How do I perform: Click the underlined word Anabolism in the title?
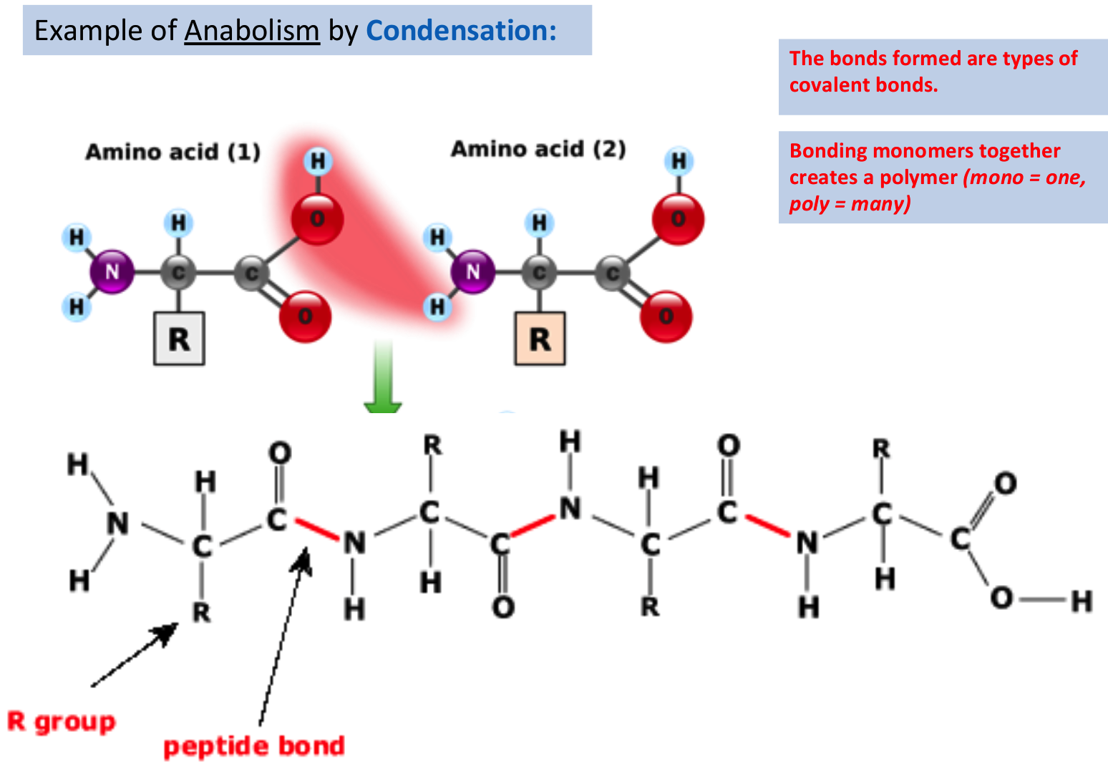click(251, 31)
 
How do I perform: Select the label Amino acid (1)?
click(172, 152)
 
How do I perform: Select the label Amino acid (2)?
click(538, 149)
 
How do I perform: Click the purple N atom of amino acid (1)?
click(112, 272)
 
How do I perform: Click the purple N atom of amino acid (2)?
click(472, 272)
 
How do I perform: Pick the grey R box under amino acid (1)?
click(179, 339)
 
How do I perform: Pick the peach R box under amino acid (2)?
click(540, 339)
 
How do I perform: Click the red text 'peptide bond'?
click(254, 746)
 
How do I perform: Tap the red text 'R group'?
click(62, 722)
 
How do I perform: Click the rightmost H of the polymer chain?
click(1082, 601)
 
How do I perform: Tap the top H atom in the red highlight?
click(318, 162)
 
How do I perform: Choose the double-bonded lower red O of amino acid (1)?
click(305, 316)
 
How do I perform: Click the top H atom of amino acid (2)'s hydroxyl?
click(679, 162)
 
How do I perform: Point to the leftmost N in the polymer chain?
click(118, 523)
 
